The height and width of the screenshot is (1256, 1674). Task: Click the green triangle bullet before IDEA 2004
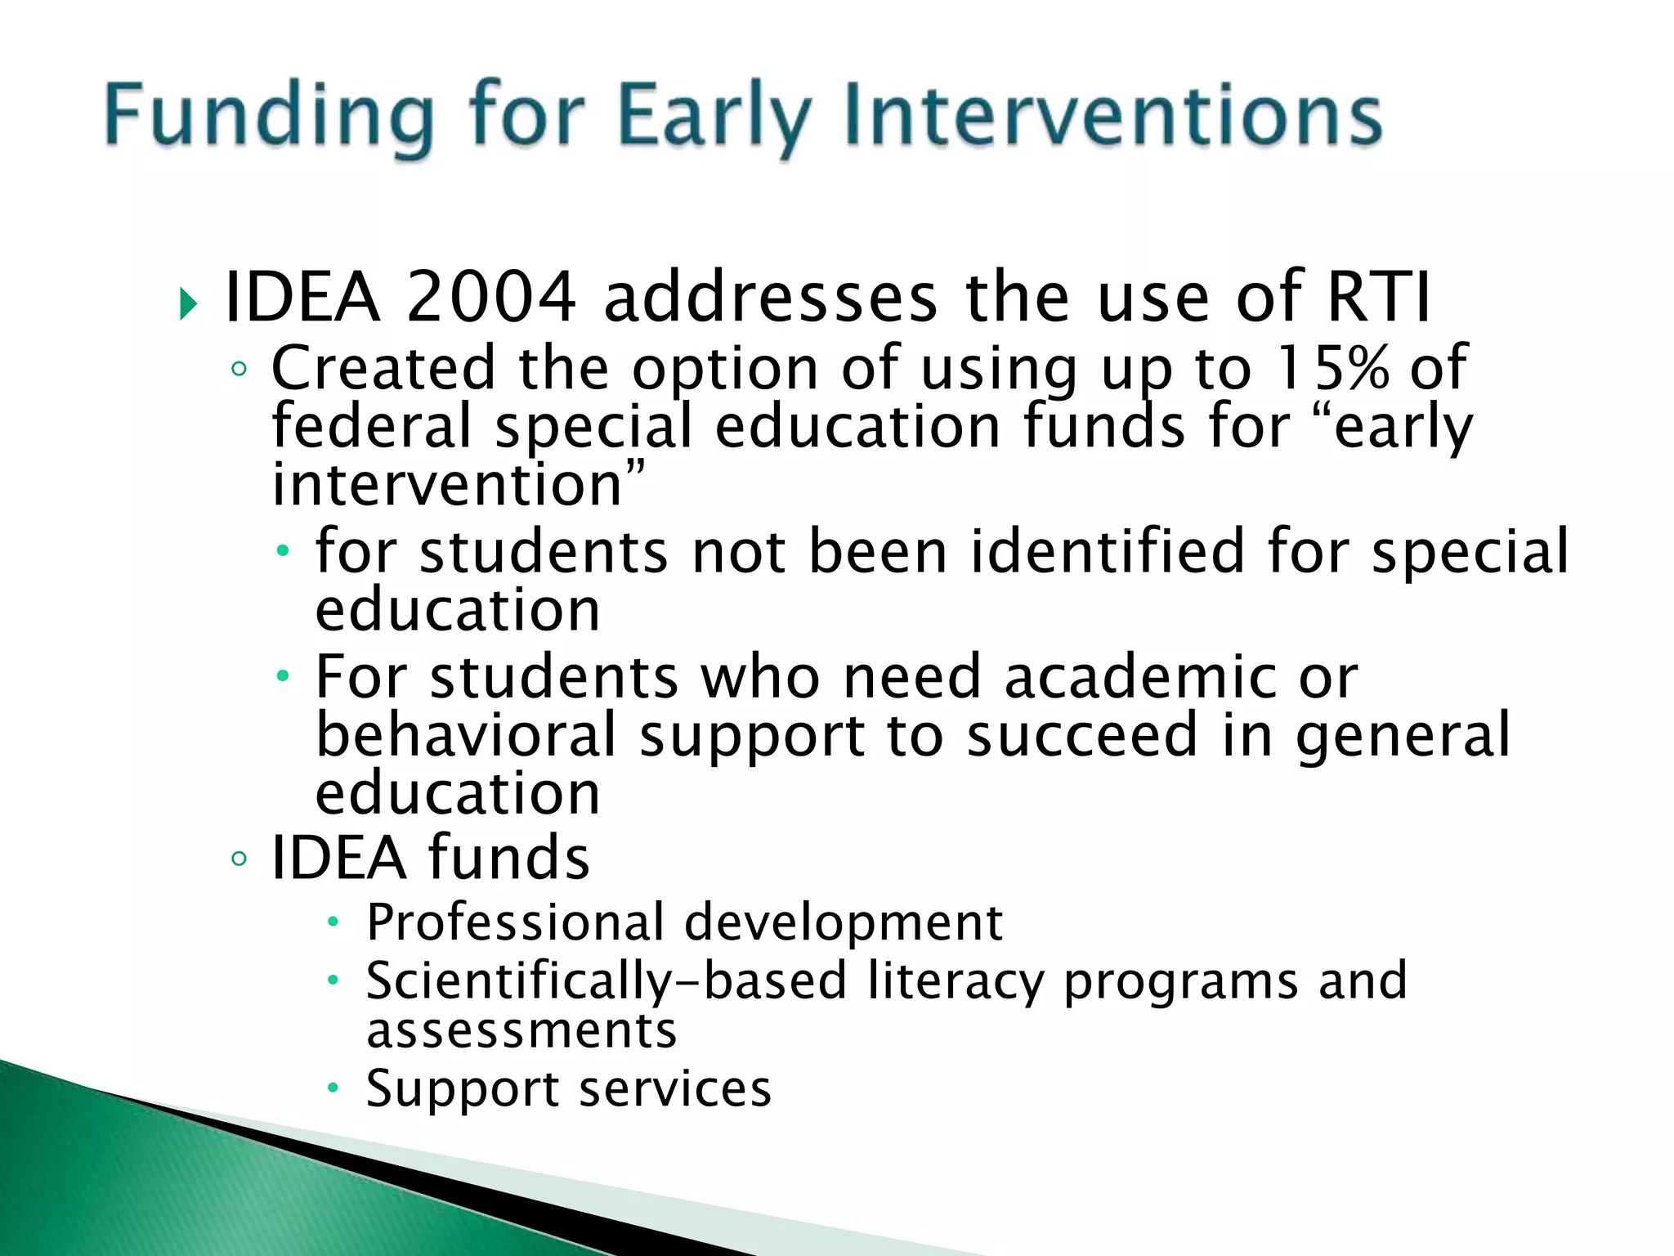(x=189, y=304)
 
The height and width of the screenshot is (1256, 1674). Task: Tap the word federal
(x=372, y=427)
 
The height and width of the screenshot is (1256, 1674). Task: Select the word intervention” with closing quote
(x=458, y=485)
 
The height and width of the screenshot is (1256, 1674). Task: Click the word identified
(x=1108, y=551)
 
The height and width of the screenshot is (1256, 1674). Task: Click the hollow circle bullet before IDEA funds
(x=239, y=859)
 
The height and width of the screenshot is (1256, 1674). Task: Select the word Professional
(x=515, y=923)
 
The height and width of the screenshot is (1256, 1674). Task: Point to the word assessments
(x=521, y=1030)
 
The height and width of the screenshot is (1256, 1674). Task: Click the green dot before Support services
(x=332, y=1088)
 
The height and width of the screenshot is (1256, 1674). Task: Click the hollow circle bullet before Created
(x=239, y=370)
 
